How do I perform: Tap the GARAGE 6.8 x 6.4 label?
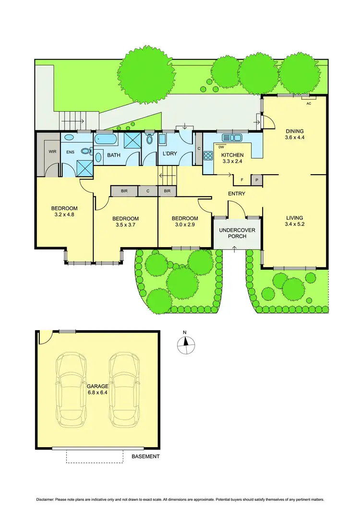pyautogui.click(x=98, y=389)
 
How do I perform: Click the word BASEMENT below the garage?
pyautogui.click(x=145, y=456)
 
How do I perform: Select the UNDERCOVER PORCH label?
pyautogui.click(x=237, y=234)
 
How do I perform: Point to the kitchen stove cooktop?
pyautogui.click(x=209, y=155)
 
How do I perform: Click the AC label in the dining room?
pyautogui.click(x=309, y=103)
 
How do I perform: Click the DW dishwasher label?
pyautogui.click(x=221, y=147)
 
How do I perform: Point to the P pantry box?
pyautogui.click(x=257, y=180)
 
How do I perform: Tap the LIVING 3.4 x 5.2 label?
pyautogui.click(x=295, y=221)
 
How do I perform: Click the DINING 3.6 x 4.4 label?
pyautogui.click(x=295, y=134)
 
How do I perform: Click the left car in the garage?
pyautogui.click(x=72, y=391)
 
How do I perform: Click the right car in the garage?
pyautogui.click(x=124, y=391)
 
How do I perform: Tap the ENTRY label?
pyautogui.click(x=237, y=194)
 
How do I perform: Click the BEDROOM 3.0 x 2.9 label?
pyautogui.click(x=185, y=222)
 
